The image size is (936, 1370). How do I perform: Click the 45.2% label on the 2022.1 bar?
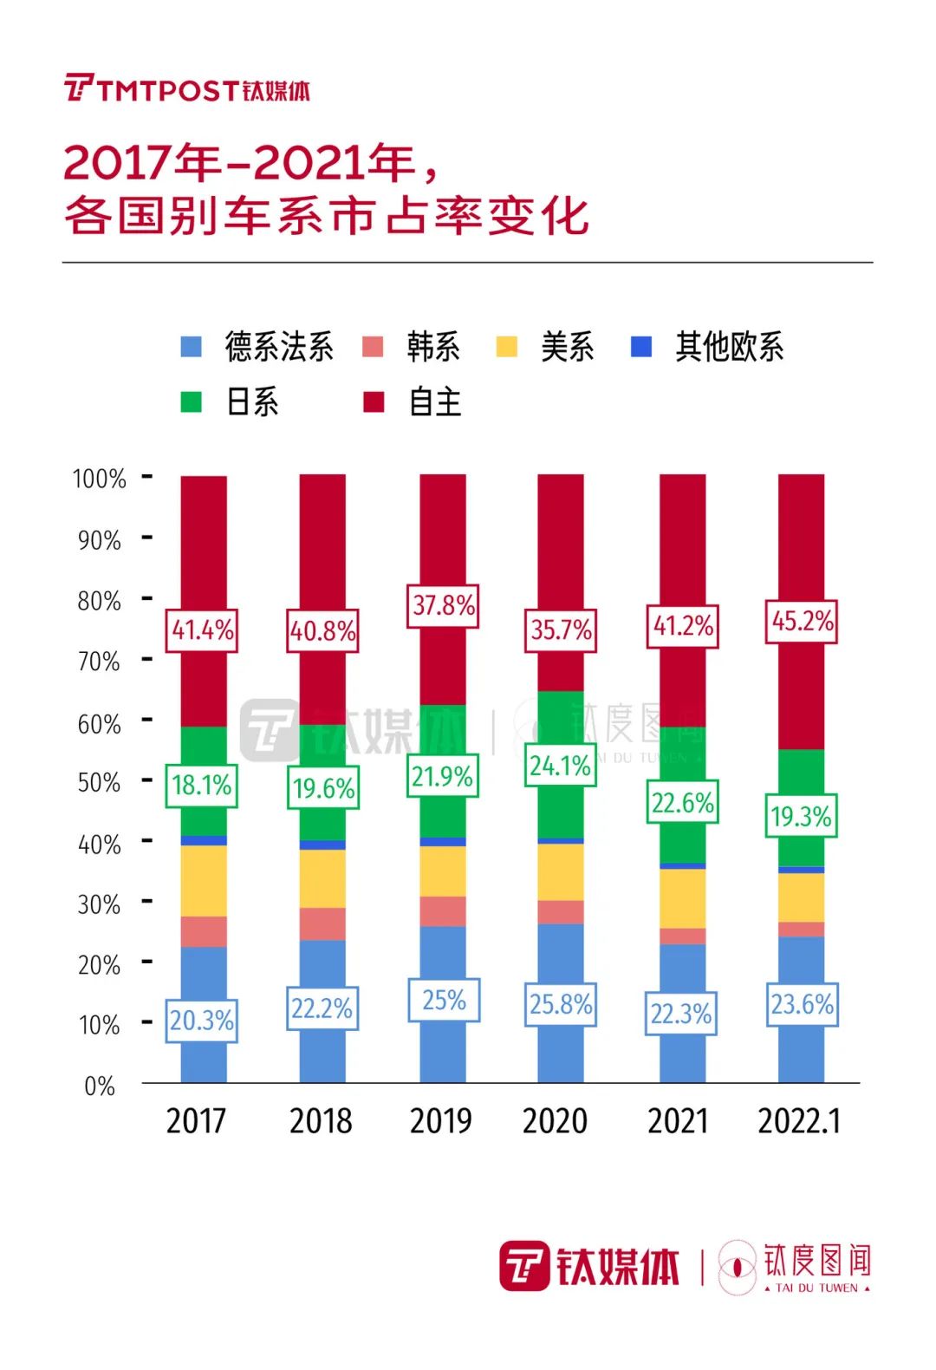pos(802,621)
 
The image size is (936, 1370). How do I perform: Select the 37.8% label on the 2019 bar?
pos(443,605)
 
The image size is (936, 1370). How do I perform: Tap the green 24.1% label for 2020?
pos(561,766)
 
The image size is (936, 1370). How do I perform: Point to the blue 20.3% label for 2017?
pos(201,1020)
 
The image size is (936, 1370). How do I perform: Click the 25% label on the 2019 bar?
pos(444,1000)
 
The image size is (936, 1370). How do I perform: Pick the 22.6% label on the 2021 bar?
pos(682,803)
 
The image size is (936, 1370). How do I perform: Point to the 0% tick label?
pos(100,1086)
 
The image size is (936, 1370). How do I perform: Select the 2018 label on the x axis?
pos(321,1121)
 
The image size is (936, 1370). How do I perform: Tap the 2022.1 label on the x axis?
pos(799,1121)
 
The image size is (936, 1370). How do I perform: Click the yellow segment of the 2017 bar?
pos(204,880)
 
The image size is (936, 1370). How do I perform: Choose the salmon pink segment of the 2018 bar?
pos(322,923)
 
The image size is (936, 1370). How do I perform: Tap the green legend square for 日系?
pos(191,402)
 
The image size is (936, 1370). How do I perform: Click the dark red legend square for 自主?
pos(374,402)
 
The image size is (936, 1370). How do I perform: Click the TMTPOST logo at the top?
pos(186,88)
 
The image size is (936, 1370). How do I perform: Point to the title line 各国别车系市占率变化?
pos(327,216)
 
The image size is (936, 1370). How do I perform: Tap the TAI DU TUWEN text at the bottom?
pos(816,1288)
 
